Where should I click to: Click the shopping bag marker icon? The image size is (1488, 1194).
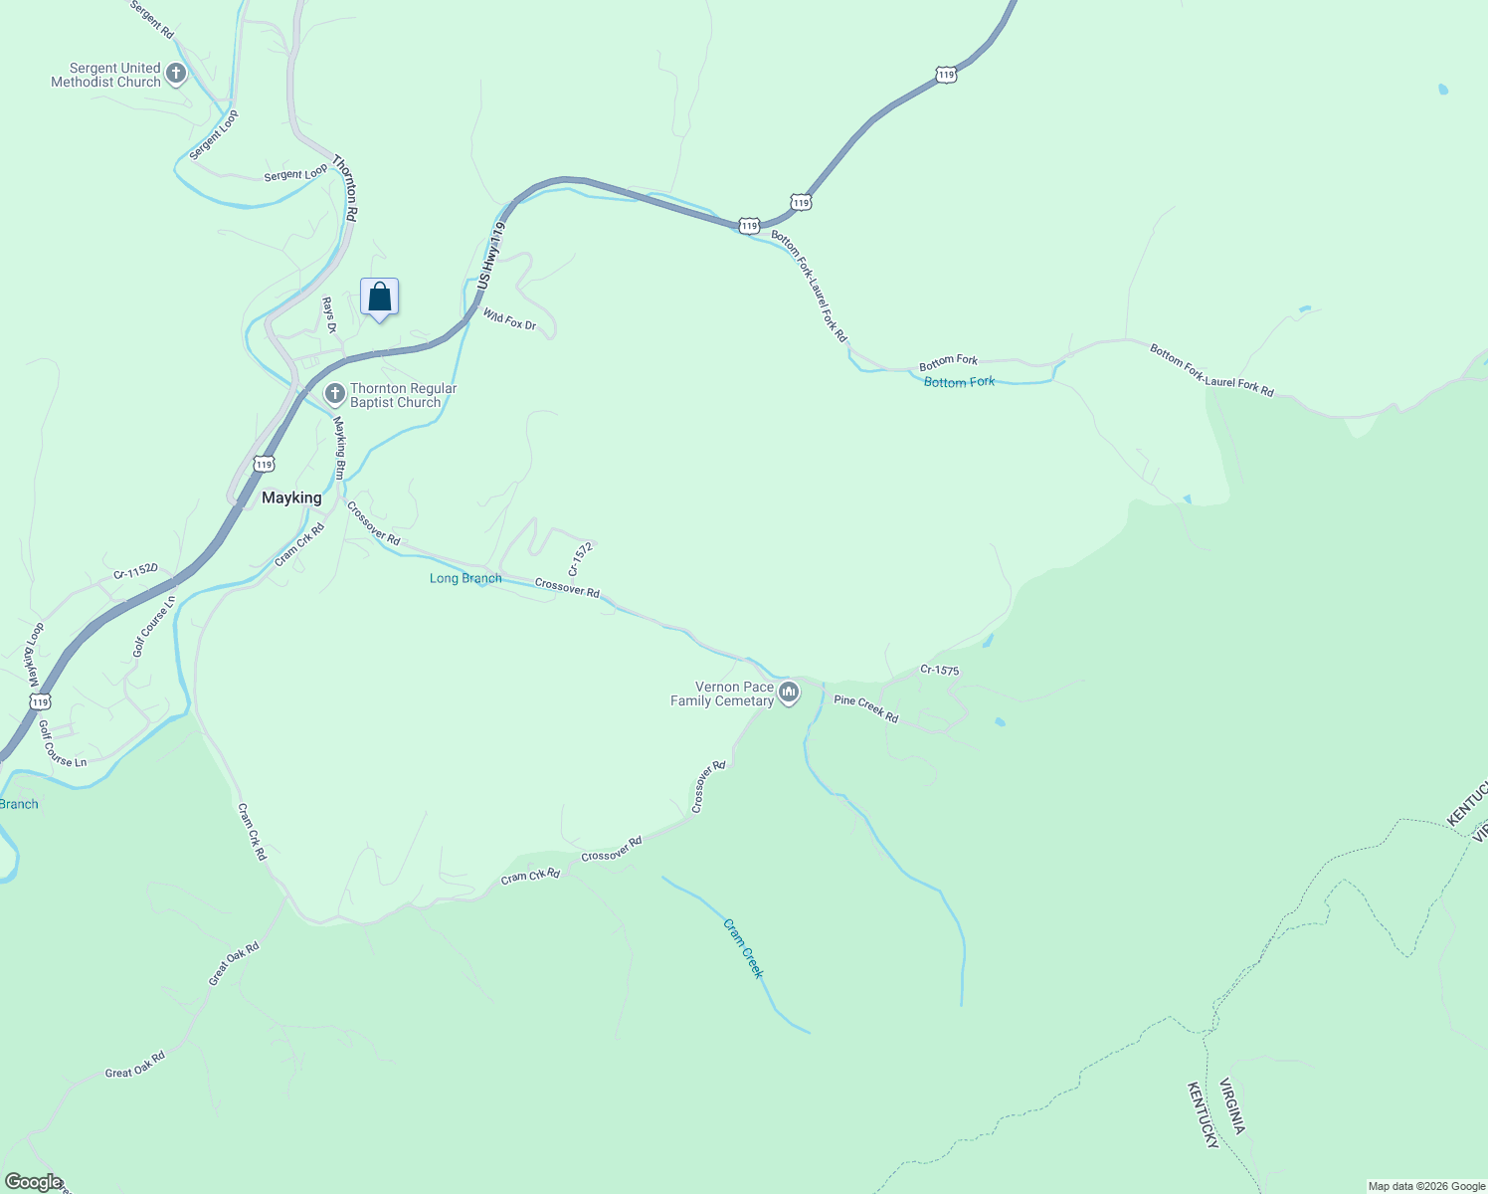click(379, 297)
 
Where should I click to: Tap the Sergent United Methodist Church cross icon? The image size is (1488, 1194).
click(176, 73)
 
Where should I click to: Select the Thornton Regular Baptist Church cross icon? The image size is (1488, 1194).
click(335, 394)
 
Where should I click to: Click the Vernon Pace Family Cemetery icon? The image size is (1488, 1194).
click(789, 693)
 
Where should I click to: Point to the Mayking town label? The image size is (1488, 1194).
click(291, 497)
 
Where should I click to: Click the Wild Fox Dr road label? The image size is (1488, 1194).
click(510, 319)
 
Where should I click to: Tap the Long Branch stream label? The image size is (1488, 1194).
click(465, 578)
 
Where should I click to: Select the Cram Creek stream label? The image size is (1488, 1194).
click(743, 948)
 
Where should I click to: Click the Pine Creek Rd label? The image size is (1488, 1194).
click(865, 709)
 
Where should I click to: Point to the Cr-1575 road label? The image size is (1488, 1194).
click(939, 671)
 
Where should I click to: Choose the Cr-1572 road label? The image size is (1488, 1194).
click(580, 560)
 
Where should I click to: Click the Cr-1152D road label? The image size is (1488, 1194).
click(135, 571)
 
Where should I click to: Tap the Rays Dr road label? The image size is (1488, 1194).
click(329, 314)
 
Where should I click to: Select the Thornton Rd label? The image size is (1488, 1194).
click(345, 187)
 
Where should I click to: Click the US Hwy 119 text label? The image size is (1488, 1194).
click(490, 256)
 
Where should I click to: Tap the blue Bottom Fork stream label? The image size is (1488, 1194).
click(959, 382)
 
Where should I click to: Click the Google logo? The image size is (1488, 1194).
click(33, 1182)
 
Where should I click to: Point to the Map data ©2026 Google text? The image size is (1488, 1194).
click(1426, 1186)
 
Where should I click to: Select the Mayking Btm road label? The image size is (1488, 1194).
click(340, 448)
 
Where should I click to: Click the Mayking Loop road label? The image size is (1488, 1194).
click(35, 656)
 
